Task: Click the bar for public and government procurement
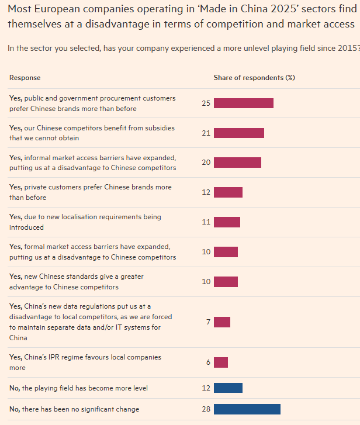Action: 243,103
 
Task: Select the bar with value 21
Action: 238,133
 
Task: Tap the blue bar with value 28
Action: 247,409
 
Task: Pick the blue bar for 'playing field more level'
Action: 228,388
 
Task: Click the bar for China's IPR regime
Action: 221,362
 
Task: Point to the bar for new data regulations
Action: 222,322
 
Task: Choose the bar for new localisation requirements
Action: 227,222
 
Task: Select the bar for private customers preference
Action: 228,192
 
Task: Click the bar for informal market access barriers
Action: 237,163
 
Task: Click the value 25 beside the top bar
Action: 206,103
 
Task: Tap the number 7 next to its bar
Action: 208,322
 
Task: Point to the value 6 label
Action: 208,362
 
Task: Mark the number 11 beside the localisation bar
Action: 206,222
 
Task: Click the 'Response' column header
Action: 25,78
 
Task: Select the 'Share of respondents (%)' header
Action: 254,78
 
